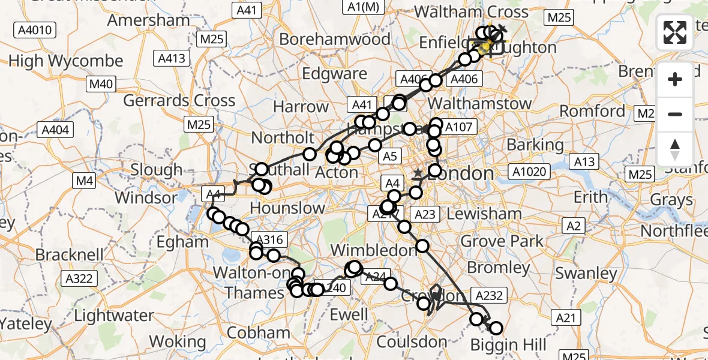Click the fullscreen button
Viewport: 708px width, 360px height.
click(675, 32)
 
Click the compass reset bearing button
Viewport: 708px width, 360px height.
click(675, 149)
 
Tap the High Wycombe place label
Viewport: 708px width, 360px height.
click(66, 61)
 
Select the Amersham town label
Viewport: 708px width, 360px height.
click(148, 20)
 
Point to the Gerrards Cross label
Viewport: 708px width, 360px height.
click(179, 100)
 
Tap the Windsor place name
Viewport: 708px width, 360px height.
click(146, 197)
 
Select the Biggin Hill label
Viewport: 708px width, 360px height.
click(508, 344)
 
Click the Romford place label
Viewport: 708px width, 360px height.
click(592, 111)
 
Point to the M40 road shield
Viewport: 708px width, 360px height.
click(100, 84)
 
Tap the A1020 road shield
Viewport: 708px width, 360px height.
click(530, 172)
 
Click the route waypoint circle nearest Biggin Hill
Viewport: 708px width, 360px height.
click(496, 328)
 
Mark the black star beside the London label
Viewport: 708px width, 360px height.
click(418, 173)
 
